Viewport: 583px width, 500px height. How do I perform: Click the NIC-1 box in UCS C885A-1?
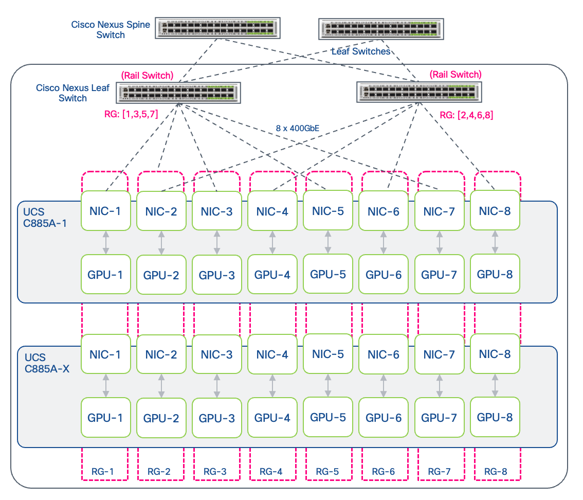105,210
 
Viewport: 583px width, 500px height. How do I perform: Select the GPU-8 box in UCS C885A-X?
495,417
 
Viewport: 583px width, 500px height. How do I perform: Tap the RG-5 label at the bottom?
327,471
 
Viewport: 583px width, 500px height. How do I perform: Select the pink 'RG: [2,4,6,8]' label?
466,115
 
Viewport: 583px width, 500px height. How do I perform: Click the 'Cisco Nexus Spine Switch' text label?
111,30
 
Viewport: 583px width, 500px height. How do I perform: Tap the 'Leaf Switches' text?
360,51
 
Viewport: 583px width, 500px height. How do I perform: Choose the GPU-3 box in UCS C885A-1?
216,275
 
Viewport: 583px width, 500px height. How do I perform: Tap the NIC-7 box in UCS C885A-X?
439,354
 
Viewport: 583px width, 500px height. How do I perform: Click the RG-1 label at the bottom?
104,471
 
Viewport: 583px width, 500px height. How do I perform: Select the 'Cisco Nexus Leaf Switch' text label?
72,93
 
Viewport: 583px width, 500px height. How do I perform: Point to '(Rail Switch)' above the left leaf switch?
147,75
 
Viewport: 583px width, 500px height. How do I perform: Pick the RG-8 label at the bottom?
496,471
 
